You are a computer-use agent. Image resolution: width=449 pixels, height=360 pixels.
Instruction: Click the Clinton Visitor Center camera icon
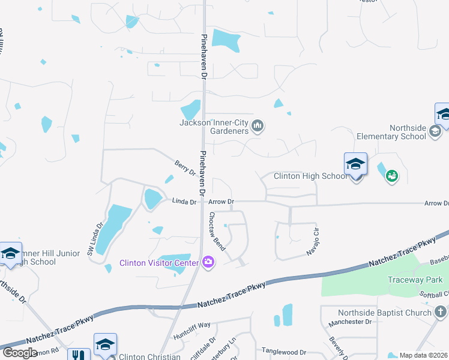pyautogui.click(x=208, y=262)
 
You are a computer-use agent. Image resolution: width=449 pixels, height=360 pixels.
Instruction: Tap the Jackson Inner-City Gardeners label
pyautogui.click(x=214, y=127)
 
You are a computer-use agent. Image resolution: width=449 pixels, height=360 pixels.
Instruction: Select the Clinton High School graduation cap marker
pyautogui.click(x=355, y=164)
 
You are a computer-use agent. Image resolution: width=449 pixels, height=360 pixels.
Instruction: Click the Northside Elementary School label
pyautogui.click(x=408, y=132)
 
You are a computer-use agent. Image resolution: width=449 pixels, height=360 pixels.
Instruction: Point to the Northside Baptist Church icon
pyautogui.click(x=441, y=312)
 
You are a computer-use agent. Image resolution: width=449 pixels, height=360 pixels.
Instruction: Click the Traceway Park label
pyautogui.click(x=415, y=280)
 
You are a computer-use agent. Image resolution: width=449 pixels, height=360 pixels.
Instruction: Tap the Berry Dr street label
pyautogui.click(x=185, y=167)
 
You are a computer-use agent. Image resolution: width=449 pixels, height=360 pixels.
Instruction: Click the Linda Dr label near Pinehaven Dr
pyautogui.click(x=185, y=202)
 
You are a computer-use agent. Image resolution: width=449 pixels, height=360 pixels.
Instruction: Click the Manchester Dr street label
pyautogui.click(x=351, y=322)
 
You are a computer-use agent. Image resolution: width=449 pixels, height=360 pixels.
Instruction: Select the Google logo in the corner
pyautogui.click(x=20, y=353)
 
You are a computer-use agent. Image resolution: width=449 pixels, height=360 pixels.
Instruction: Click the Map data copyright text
pyautogui.click(x=424, y=355)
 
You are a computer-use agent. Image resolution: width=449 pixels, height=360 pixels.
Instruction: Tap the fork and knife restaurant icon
pyautogui.click(x=78, y=355)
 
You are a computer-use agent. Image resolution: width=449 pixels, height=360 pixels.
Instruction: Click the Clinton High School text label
pyautogui.click(x=310, y=176)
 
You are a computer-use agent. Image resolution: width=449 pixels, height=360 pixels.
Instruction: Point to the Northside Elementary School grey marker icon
pyautogui.click(x=436, y=132)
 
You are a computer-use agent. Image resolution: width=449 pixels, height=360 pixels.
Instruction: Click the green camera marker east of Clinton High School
pyautogui.click(x=392, y=176)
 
